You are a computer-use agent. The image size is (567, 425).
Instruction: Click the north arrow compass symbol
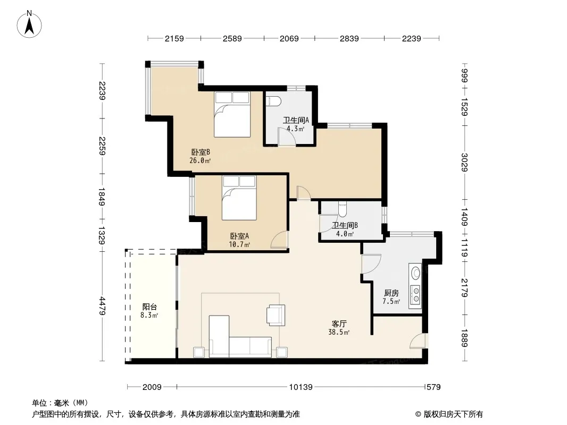29,24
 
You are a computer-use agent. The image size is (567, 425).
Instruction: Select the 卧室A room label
239,236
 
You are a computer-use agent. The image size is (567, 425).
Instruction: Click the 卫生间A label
296,120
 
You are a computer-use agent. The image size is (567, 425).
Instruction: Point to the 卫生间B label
345,225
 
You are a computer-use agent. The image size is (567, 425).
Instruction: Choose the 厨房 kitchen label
391,293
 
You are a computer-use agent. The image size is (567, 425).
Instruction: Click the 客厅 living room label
339,324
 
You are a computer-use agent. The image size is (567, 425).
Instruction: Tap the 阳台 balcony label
149,307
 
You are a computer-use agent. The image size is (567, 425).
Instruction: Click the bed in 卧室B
232,114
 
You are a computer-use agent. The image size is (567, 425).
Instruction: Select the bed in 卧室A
239,198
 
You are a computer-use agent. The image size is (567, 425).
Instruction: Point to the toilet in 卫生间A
273,101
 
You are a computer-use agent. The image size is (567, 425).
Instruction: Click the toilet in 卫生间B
343,209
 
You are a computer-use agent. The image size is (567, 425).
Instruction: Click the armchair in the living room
276,315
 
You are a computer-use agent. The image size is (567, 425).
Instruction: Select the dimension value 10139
301,387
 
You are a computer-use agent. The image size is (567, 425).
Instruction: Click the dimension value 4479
102,306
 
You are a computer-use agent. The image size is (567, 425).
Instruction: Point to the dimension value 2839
349,38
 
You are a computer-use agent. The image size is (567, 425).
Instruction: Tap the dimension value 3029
465,163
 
